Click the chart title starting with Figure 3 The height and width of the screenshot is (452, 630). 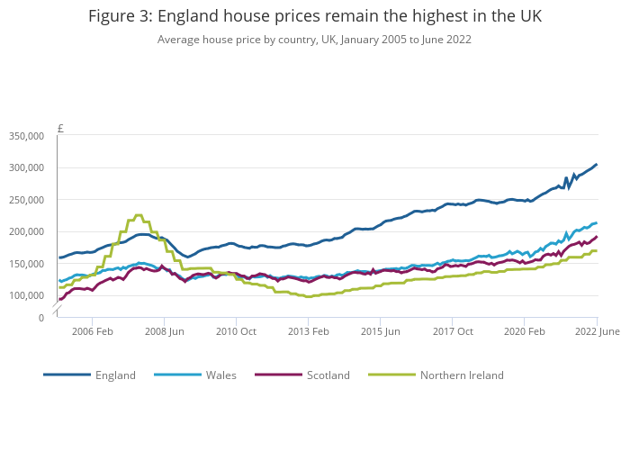pyautogui.click(x=315, y=16)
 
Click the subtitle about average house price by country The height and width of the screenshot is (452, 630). pyautogui.click(x=315, y=40)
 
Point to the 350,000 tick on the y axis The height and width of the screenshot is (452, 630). pyautogui.click(x=25, y=136)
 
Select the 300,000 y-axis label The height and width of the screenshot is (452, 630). pyautogui.click(x=25, y=167)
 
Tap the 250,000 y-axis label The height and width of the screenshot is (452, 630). pyautogui.click(x=25, y=200)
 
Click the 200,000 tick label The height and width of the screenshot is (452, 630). pyautogui.click(x=25, y=231)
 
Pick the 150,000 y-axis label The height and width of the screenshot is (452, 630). pyautogui.click(x=25, y=264)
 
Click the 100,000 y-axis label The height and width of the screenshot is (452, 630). pyautogui.click(x=25, y=295)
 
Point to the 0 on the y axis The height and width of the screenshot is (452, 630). pyautogui.click(x=40, y=318)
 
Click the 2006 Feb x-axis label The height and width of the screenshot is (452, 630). pyautogui.click(x=92, y=331)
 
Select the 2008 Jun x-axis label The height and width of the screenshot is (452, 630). pyautogui.click(x=164, y=331)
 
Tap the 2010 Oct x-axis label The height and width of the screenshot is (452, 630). pyautogui.click(x=236, y=331)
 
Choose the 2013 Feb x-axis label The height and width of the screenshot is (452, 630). pyautogui.click(x=308, y=331)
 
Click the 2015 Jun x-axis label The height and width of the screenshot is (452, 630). pyautogui.click(x=380, y=331)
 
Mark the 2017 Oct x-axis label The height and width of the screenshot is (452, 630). pyautogui.click(x=452, y=331)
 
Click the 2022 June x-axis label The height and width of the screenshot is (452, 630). pyautogui.click(x=598, y=331)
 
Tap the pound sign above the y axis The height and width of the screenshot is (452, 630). pyautogui.click(x=60, y=129)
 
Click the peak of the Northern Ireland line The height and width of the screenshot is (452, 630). pyautogui.click(x=138, y=216)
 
